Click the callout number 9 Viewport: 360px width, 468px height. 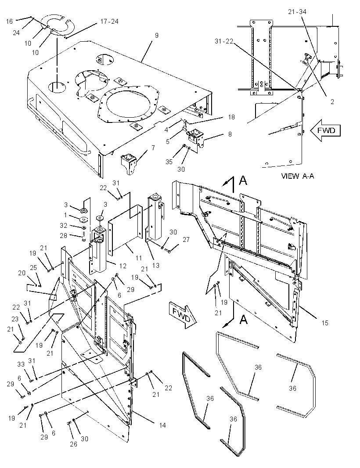(x=157, y=36)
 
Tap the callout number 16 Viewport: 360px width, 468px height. (x=10, y=21)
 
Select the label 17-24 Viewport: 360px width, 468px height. (x=109, y=22)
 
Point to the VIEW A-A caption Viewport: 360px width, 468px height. (x=298, y=176)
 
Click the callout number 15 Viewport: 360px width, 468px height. (x=325, y=323)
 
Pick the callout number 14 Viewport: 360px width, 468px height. (x=162, y=425)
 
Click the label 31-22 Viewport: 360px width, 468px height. (x=224, y=41)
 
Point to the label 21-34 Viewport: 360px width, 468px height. (x=297, y=12)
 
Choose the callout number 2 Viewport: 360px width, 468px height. (x=332, y=102)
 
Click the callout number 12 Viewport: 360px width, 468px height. (x=123, y=266)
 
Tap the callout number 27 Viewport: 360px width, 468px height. (x=186, y=240)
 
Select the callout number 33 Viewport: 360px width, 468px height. (x=21, y=364)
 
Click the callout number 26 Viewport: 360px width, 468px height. (x=73, y=444)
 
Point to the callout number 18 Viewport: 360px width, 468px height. (x=232, y=117)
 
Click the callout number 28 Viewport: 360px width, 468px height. (x=64, y=236)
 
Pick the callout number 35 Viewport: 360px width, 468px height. (x=169, y=162)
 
